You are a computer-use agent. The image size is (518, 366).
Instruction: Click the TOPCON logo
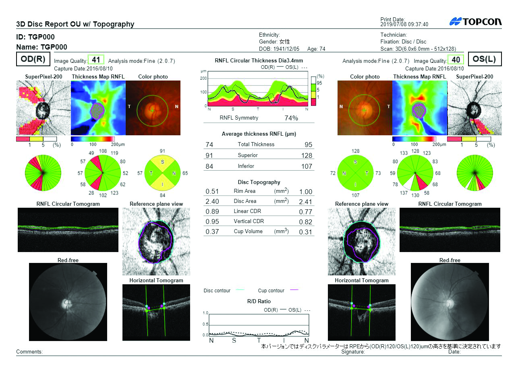click(475, 22)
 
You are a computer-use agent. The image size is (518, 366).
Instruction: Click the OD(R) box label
click(33, 59)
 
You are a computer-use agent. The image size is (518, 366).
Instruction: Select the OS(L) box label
click(484, 59)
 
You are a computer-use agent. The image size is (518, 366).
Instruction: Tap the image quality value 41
click(96, 60)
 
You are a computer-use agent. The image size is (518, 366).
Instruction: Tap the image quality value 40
click(456, 60)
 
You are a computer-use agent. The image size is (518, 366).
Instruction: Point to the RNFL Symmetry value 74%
click(291, 118)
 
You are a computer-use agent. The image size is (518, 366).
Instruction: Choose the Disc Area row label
click(245, 201)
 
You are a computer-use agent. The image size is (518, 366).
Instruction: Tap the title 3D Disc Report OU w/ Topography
click(75, 24)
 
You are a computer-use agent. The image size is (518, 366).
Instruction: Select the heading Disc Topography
click(259, 182)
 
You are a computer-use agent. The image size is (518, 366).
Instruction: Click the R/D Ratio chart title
click(259, 301)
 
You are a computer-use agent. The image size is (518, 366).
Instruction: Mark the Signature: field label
click(353, 352)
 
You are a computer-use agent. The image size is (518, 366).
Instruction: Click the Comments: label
click(29, 352)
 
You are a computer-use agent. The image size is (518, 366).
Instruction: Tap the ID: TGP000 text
click(35, 37)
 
